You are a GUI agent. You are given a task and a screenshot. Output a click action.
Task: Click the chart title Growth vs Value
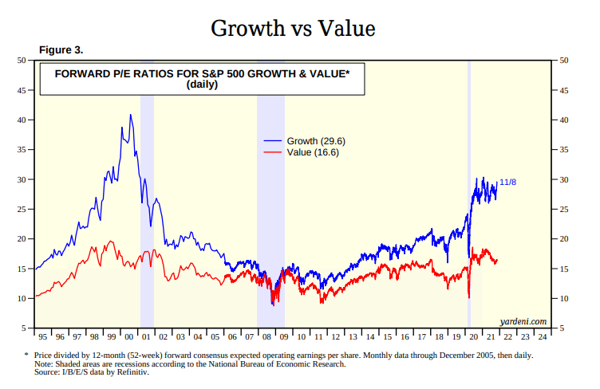(x=292, y=29)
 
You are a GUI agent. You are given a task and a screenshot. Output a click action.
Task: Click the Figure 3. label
(x=61, y=50)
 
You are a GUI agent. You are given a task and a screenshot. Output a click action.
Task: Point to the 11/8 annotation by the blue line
(x=507, y=183)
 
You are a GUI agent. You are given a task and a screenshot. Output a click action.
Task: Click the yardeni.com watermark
(x=523, y=320)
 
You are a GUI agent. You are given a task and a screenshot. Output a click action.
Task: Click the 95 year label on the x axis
(x=42, y=336)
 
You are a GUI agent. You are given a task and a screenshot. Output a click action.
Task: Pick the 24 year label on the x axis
(x=542, y=336)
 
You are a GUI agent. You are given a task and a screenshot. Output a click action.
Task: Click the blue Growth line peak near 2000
(x=131, y=115)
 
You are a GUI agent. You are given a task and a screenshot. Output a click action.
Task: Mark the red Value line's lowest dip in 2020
(x=468, y=297)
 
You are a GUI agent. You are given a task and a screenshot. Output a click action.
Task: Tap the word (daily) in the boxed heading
(x=202, y=84)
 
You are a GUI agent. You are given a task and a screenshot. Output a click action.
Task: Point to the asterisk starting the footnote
(x=26, y=354)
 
